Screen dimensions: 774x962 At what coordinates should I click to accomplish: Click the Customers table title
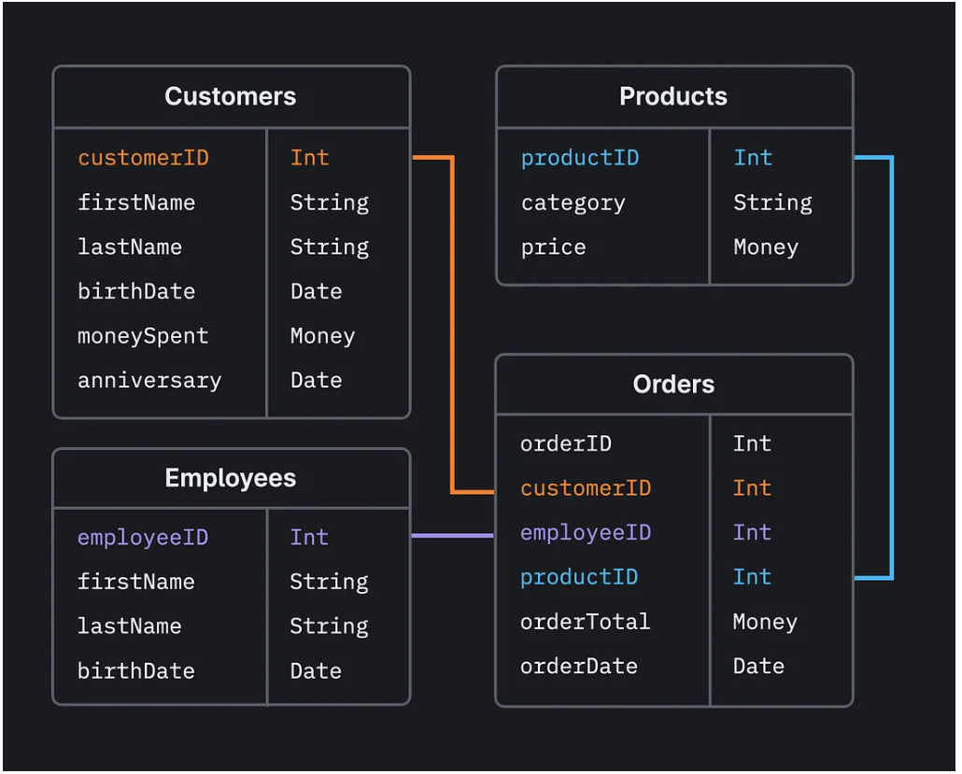click(x=230, y=96)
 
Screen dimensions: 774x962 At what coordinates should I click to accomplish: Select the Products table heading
click(x=672, y=96)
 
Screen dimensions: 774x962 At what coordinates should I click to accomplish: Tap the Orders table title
click(x=672, y=384)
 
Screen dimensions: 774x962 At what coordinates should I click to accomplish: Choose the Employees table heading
click(x=230, y=478)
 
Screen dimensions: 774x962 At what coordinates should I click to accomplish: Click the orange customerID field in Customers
click(x=143, y=158)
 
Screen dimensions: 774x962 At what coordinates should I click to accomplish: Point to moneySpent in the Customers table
click(x=143, y=336)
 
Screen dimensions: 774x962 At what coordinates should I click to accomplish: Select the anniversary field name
click(x=149, y=381)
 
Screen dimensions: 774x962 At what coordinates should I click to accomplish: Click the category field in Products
click(x=573, y=203)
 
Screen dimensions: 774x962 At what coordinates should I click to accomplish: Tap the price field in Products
click(x=553, y=247)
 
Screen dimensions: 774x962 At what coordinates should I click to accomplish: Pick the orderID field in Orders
click(x=565, y=443)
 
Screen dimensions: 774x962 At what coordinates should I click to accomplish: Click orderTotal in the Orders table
click(x=585, y=622)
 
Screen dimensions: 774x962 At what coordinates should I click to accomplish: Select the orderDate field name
click(x=578, y=667)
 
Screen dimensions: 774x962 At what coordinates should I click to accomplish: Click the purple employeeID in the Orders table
click(x=585, y=533)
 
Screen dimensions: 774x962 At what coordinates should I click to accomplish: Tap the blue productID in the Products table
click(x=579, y=158)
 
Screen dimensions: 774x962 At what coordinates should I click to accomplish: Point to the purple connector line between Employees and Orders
click(x=452, y=536)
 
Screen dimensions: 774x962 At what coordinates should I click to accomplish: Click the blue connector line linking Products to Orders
click(x=892, y=373)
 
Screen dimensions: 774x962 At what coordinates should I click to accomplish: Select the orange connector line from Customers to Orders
click(x=452, y=327)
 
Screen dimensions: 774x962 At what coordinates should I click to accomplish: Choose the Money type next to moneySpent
click(x=322, y=336)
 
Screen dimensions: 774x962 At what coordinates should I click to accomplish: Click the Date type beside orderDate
click(x=757, y=667)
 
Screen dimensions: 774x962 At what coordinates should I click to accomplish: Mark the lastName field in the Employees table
click(x=129, y=626)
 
